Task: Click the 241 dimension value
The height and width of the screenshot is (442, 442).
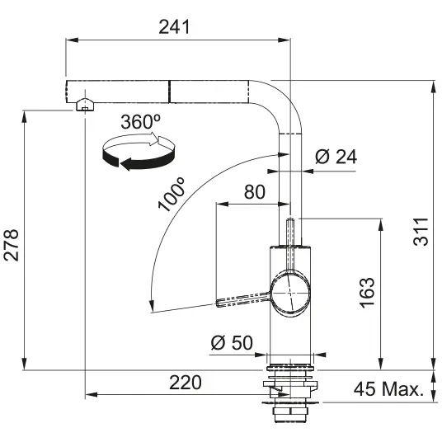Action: coord(174,27)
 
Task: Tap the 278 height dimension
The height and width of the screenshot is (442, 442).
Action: coord(12,245)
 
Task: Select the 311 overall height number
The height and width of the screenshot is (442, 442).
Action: coord(421,232)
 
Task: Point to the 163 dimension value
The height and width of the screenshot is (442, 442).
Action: coord(367,293)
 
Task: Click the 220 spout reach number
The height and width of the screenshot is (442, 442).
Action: coord(186,383)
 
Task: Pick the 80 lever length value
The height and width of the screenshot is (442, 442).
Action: coord(255,191)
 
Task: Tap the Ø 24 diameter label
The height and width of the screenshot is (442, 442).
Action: coord(336,157)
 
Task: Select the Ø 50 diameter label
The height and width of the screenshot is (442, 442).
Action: coord(232,342)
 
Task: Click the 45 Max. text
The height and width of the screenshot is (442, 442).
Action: coord(389,389)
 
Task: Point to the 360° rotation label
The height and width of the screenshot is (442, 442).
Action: coord(141,122)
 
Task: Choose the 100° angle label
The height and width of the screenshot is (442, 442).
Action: coord(172,195)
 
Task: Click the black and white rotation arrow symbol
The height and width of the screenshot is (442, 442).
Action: coord(139,151)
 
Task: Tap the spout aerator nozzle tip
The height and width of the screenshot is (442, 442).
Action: coord(84,105)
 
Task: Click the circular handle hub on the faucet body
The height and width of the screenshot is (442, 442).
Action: coord(290,294)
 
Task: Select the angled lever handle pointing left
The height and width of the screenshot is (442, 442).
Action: coord(243,299)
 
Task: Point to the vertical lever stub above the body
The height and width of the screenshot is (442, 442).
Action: coord(290,232)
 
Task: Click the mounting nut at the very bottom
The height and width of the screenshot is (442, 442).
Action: coord(290,414)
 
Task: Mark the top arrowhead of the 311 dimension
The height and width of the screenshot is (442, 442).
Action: coord(433,87)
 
